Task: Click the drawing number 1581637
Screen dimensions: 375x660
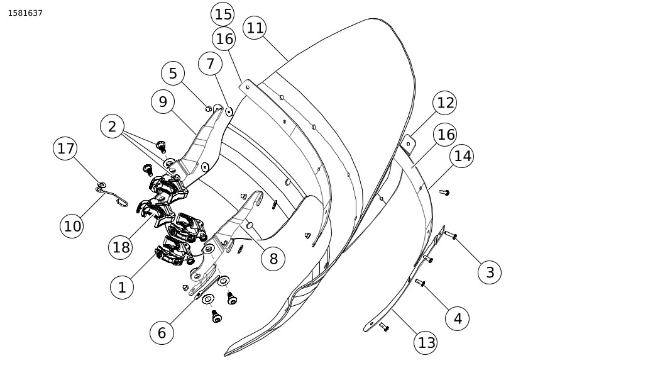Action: point(25,13)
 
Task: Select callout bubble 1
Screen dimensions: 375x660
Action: point(122,288)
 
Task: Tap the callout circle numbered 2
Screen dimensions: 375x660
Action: point(112,126)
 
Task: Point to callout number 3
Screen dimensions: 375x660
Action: point(490,272)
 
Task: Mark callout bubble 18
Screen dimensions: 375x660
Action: point(121,247)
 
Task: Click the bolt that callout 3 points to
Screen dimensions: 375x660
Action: point(450,235)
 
